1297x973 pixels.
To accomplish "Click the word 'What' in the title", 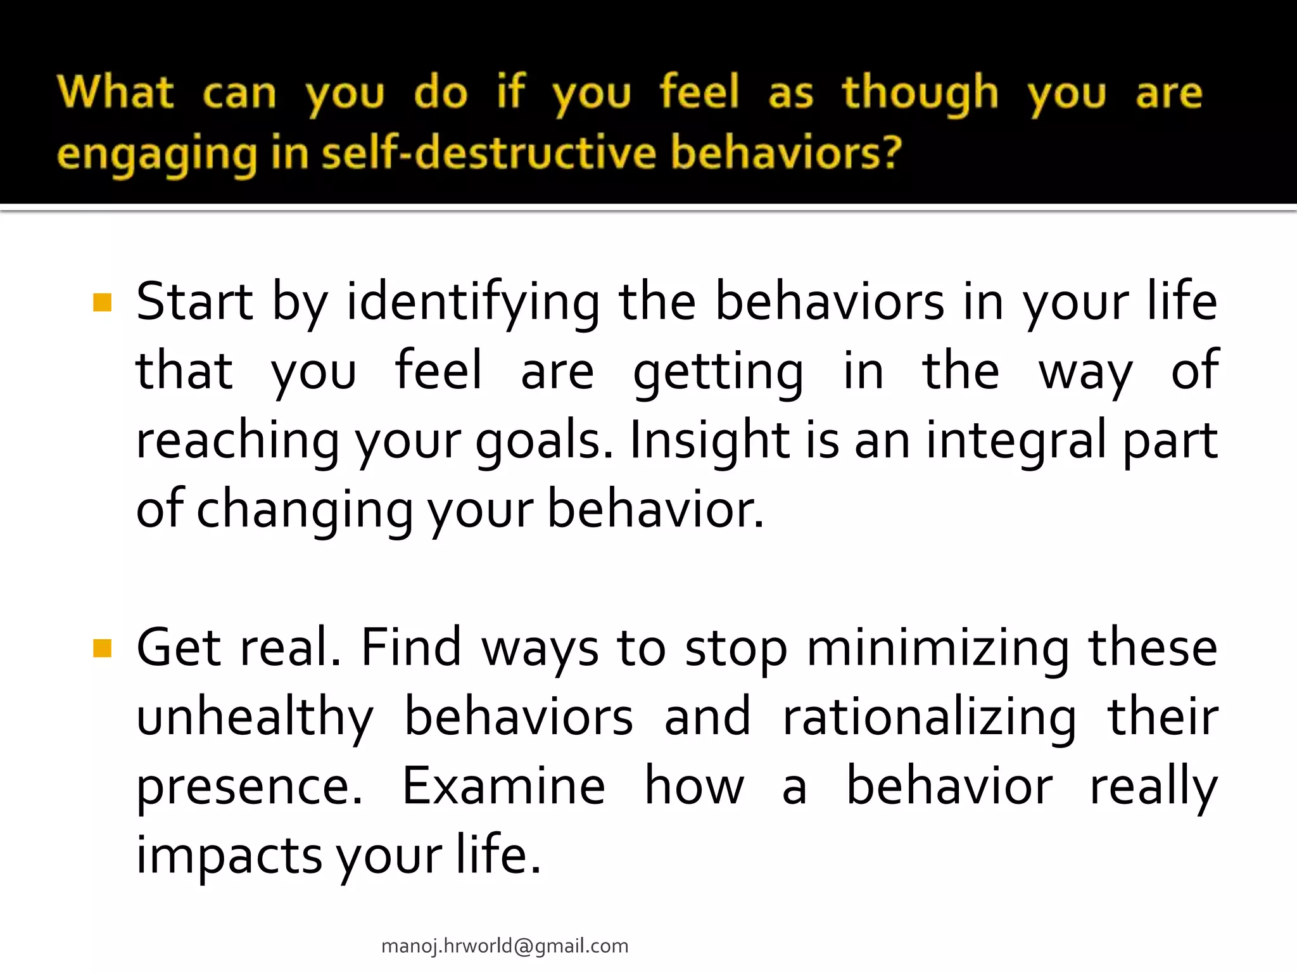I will click(115, 92).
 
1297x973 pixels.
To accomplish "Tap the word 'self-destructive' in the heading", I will click(489, 153).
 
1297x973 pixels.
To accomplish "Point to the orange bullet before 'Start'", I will click(102, 303).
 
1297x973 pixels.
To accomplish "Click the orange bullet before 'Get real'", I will click(102, 649).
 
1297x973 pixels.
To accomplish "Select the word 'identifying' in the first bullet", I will click(472, 303).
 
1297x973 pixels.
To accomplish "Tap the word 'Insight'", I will click(709, 441).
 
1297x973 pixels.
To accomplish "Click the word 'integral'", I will click(1016, 441).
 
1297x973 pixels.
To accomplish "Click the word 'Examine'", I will click(503, 786).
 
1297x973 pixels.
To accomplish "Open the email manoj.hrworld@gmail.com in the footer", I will click(505, 946).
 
